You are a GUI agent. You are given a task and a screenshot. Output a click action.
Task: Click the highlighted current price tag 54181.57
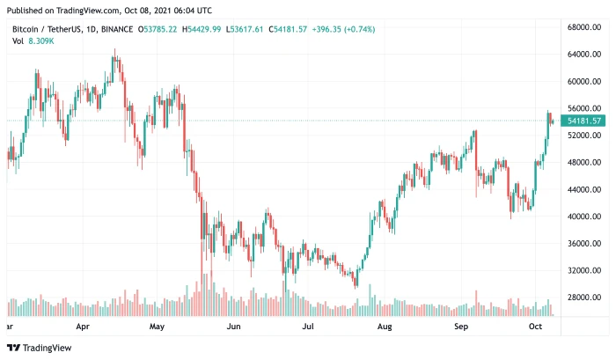[583, 121]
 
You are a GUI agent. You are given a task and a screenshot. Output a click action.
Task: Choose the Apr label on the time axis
[83, 326]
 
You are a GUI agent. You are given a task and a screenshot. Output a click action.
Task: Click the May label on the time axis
[158, 326]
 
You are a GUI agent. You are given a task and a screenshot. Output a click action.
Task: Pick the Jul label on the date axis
[308, 326]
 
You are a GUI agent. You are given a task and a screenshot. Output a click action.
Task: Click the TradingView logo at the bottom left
[42, 348]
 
